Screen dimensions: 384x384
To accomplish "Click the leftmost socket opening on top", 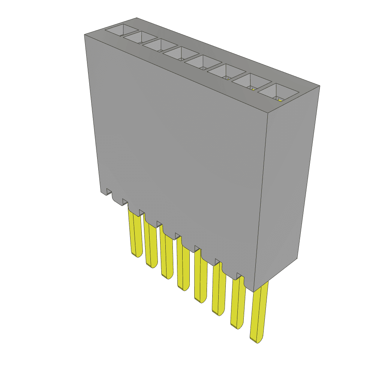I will coord(121,30).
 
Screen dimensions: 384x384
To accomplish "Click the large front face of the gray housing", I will coord(180,150).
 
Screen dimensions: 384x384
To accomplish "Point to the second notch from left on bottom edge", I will coord(125,202).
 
